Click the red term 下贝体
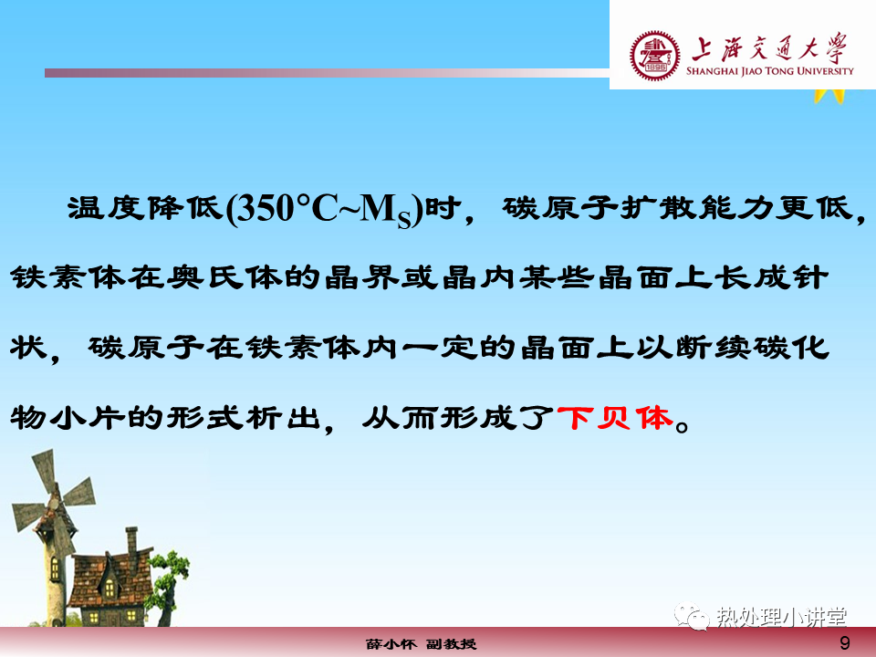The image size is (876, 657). pyautogui.click(x=616, y=419)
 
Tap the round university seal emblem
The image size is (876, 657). pyautogui.click(x=655, y=56)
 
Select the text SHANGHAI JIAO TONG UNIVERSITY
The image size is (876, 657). pyautogui.click(x=770, y=71)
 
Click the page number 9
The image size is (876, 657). pyautogui.click(x=845, y=642)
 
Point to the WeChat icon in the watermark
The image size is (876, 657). pyautogui.click(x=693, y=616)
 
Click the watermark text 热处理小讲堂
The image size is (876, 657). pyautogui.click(x=782, y=618)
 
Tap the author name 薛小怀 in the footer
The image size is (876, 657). pyautogui.click(x=391, y=644)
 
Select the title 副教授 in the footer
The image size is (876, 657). pyautogui.click(x=452, y=644)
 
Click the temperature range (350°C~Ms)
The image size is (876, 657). pyautogui.click(x=324, y=210)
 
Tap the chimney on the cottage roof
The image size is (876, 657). pyautogui.click(x=131, y=541)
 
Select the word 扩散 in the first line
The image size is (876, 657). pyautogui.click(x=656, y=208)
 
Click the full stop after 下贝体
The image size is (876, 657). pyautogui.click(x=683, y=426)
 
